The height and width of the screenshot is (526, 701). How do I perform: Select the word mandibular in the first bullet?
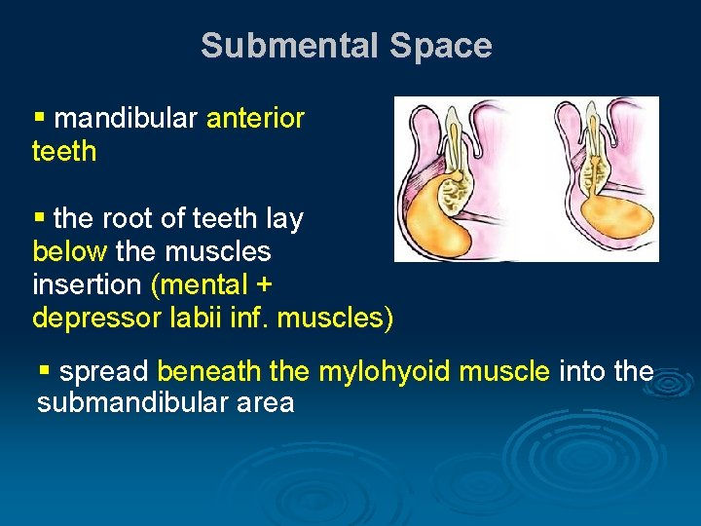[127, 119]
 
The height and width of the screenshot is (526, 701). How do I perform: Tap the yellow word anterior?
[255, 119]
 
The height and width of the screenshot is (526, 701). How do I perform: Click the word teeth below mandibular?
[64, 151]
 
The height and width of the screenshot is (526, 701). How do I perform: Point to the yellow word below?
[69, 252]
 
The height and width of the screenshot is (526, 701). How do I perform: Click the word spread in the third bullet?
[104, 371]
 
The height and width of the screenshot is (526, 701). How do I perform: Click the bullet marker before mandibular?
[40, 119]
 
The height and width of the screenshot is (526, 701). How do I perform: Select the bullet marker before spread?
[44, 371]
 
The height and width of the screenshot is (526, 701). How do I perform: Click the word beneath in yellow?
[208, 371]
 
